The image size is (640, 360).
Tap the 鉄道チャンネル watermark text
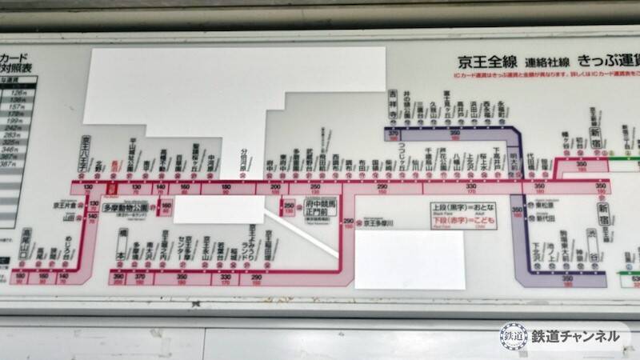575,337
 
